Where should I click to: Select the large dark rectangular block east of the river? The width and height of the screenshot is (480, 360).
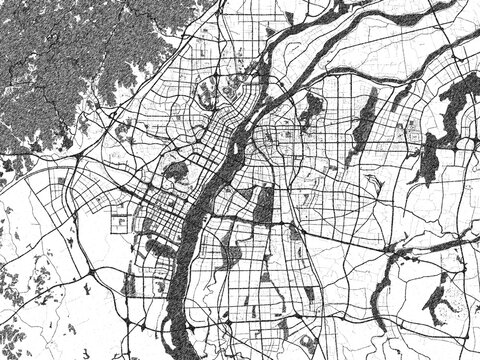point(264,204)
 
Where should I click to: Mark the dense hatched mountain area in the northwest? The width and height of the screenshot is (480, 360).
point(60,60)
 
